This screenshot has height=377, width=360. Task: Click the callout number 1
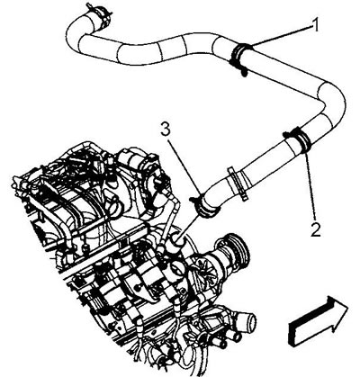click(314, 24)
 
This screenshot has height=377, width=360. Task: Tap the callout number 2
click(316, 229)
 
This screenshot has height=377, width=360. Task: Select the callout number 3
click(166, 130)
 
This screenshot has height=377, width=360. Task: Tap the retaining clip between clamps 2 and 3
click(238, 182)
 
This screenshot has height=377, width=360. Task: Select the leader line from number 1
click(280, 36)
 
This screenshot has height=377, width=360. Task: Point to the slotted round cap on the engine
click(176, 267)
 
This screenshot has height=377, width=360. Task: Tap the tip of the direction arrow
click(347, 308)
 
